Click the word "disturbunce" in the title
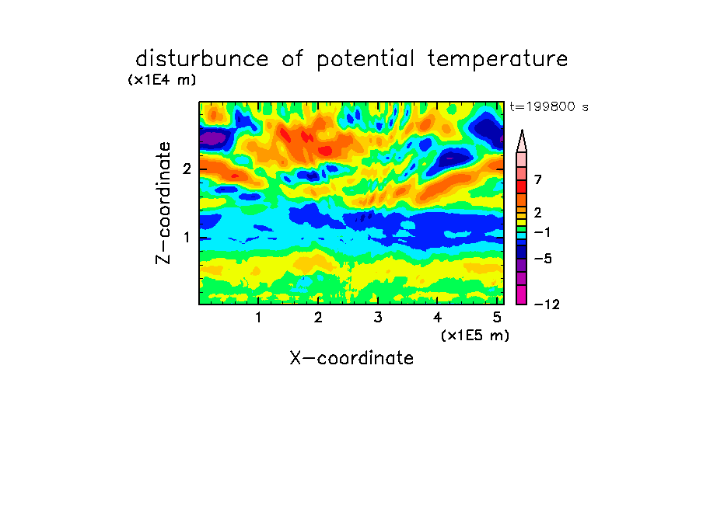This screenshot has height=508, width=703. coord(202,59)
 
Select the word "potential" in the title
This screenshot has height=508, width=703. coord(365,60)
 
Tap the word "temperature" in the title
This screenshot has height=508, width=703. coord(498,60)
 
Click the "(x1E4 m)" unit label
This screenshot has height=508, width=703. coord(162,80)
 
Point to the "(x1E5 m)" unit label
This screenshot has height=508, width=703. coord(475,335)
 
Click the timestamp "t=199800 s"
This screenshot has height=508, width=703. coord(549,106)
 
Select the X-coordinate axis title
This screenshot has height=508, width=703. coord(351,358)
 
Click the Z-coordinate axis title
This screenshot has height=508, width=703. coord(163,203)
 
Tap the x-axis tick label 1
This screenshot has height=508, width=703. coord(258,318)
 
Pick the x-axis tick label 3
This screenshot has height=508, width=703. coord(378,318)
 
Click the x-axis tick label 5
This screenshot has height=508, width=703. coord(497,318)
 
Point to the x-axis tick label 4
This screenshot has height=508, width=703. coord(437,318)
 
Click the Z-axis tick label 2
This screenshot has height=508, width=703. coord(187,169)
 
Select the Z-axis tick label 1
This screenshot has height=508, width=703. coord(187,238)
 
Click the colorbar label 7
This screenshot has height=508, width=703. coord(538,180)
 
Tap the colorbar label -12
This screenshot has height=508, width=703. coord(547,304)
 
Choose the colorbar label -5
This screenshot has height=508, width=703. coord(543,259)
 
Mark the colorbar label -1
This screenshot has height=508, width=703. coord(542,232)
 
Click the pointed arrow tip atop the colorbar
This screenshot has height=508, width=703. coord(522,130)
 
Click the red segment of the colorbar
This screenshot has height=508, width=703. coord(522,186)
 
